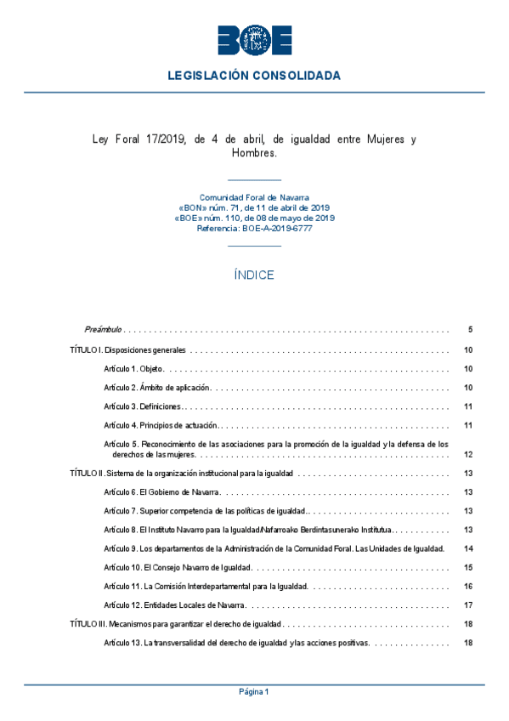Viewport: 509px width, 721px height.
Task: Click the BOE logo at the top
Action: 254,40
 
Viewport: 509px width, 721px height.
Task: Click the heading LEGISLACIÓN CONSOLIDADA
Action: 254,76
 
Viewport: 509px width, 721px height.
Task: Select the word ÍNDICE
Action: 254,275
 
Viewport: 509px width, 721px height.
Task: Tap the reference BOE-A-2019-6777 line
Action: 254,229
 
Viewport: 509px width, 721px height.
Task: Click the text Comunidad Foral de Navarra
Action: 254,197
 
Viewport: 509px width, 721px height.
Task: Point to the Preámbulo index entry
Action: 103,329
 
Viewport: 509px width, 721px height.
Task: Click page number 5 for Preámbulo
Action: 469,329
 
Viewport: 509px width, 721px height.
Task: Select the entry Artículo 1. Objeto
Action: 133,369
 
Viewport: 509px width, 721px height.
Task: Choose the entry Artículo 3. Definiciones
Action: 142,406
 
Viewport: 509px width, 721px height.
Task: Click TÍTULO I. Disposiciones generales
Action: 127,350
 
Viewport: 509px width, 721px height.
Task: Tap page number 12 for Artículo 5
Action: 468,454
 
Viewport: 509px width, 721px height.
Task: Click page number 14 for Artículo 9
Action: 468,548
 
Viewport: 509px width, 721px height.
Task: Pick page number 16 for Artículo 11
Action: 468,586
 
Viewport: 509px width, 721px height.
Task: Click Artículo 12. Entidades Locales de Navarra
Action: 174,605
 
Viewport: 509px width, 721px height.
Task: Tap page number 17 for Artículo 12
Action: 468,605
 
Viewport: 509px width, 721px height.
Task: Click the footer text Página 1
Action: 254,692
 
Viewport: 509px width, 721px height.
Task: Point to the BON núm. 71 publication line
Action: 254,207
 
